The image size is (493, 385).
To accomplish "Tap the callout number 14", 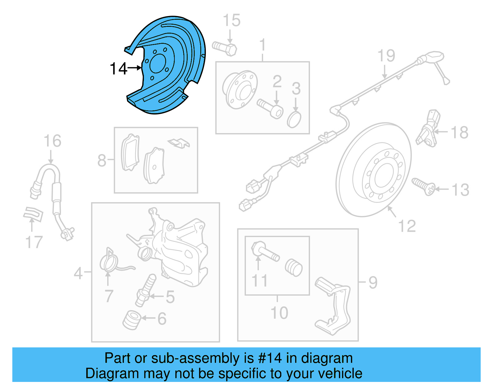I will [118, 68].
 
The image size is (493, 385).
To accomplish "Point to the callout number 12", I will [407, 226].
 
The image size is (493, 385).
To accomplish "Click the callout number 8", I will [102, 160].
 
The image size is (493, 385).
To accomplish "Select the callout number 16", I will [52, 141].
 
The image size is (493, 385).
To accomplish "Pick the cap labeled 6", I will [132, 320].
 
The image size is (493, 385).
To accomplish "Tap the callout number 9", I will [373, 282].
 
